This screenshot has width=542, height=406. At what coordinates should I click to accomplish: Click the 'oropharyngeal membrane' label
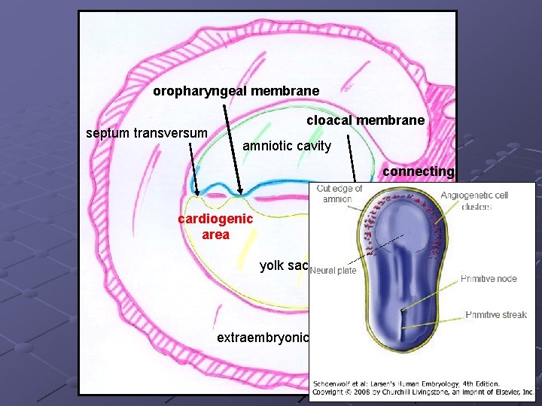coord(236,91)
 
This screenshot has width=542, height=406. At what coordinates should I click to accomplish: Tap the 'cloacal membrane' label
coord(365,120)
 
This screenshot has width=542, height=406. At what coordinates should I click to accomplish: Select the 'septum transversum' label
coord(147,134)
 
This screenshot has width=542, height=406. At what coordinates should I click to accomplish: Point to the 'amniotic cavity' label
coord(287,146)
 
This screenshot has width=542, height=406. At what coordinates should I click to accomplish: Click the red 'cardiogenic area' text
coord(216,226)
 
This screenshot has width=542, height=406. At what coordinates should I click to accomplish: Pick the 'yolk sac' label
coord(284,265)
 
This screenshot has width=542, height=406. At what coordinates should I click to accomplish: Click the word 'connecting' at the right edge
coord(418,171)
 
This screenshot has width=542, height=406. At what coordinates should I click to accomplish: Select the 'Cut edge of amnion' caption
coord(340,193)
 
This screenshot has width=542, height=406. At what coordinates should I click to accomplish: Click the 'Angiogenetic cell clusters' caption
coord(474,201)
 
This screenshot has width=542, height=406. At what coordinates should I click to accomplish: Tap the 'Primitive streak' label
coord(496,315)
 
